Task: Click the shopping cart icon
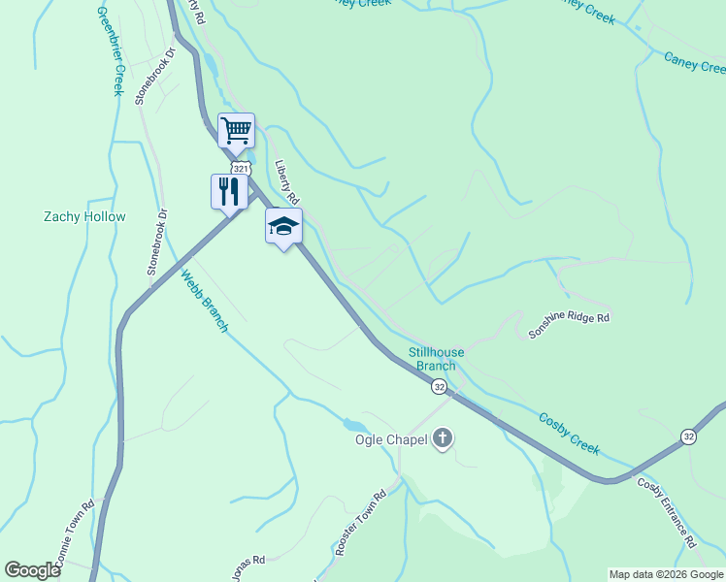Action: (x=236, y=128)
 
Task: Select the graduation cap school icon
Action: (x=283, y=226)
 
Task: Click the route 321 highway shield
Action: (x=242, y=169)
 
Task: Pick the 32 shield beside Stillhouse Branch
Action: (x=440, y=387)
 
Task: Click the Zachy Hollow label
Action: (x=84, y=216)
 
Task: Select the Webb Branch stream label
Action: (x=204, y=302)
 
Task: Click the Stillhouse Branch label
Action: (x=436, y=359)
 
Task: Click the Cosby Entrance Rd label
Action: (x=667, y=512)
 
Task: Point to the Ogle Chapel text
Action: (x=391, y=439)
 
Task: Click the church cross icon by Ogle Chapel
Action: (x=444, y=439)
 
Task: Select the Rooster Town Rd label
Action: (x=360, y=524)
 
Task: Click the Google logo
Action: (x=32, y=570)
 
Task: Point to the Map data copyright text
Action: (x=666, y=574)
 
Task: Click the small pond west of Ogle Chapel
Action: (x=354, y=425)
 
